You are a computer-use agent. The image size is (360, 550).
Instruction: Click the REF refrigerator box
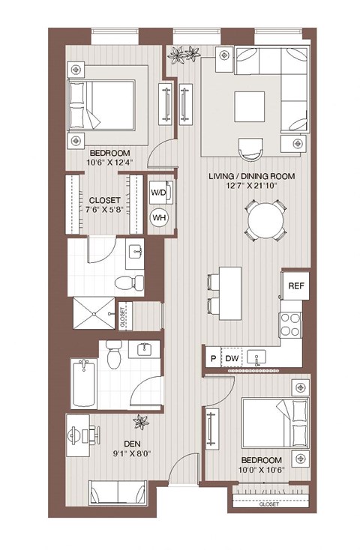(x=295, y=285)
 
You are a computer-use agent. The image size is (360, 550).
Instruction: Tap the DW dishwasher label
(x=232, y=360)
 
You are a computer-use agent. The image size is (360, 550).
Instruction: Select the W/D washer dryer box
(x=159, y=193)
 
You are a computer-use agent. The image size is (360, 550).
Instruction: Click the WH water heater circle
(x=159, y=217)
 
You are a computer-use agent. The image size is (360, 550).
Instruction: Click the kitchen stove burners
(x=290, y=324)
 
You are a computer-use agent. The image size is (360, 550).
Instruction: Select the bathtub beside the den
(x=82, y=384)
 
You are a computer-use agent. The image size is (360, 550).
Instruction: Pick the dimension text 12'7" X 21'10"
(x=251, y=187)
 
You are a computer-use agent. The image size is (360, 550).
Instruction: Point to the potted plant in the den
(x=141, y=423)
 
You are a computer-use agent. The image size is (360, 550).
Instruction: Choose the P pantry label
(x=213, y=360)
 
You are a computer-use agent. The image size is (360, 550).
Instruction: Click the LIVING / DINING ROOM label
(x=251, y=177)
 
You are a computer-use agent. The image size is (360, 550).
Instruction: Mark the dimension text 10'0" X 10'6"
(x=262, y=470)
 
